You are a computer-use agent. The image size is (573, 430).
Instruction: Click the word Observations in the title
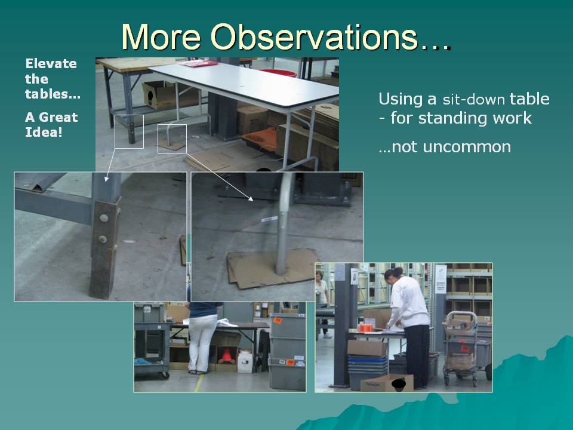[313, 36]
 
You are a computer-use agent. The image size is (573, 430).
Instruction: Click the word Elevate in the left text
[51, 64]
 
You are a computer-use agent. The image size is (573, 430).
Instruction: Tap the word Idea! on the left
[44, 132]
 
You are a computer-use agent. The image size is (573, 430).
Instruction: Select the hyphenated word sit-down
[473, 100]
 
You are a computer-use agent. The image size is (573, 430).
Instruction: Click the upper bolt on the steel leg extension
[104, 219]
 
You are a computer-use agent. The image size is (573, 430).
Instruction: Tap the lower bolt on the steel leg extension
[103, 239]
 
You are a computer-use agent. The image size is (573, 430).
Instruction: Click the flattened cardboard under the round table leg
[272, 268]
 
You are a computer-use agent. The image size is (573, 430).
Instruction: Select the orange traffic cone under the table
[227, 355]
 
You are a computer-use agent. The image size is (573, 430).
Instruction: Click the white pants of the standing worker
[201, 344]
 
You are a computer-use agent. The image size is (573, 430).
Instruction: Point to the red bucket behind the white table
[279, 72]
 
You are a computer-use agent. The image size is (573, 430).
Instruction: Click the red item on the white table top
[198, 64]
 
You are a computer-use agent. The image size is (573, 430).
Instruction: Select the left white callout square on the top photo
[130, 131]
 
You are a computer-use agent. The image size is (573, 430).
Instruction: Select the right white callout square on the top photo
[172, 139]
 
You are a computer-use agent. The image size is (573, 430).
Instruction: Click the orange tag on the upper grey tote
[278, 321]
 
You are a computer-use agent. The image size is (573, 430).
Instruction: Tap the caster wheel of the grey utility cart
[165, 375]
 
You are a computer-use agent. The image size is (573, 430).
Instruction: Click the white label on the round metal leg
[270, 219]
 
